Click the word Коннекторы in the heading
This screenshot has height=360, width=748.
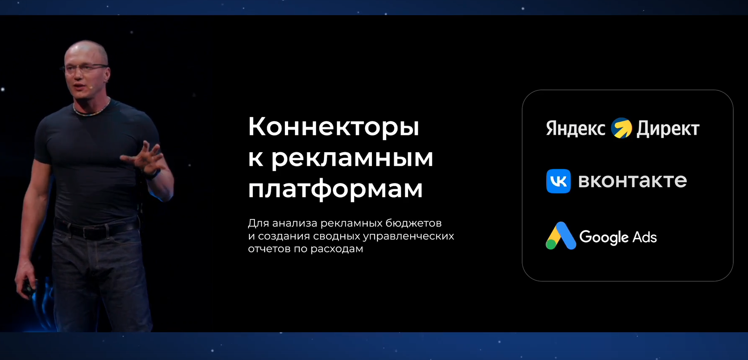click(333, 127)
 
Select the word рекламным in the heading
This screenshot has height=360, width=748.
click(352, 158)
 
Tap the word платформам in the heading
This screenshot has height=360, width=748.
click(335, 189)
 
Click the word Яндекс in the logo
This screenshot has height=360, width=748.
click(576, 129)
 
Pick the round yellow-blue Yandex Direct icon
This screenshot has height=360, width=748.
click(621, 128)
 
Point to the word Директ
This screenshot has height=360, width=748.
click(668, 129)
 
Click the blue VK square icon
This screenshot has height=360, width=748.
click(558, 181)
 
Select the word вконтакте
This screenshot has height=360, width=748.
click(632, 181)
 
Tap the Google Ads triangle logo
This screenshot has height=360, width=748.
click(560, 236)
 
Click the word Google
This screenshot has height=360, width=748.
click(604, 237)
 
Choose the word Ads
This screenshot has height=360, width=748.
click(644, 237)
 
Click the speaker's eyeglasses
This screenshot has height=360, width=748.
click(86, 68)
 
